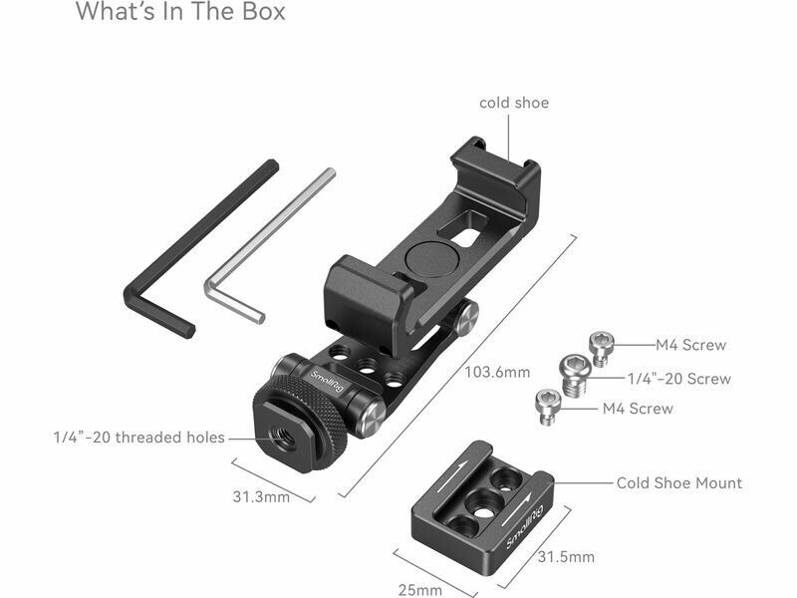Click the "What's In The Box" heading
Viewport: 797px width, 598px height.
[180, 11]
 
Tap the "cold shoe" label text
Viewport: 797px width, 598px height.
[514, 103]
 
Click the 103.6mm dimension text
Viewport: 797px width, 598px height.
[497, 372]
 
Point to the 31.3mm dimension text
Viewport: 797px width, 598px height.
[261, 496]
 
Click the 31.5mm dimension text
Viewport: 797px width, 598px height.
[566, 557]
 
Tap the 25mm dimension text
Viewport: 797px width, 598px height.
[419, 590]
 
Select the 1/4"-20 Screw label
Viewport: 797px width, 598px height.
[679, 379]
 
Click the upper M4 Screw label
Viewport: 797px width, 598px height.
[690, 345]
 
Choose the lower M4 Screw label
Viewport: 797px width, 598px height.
[638, 409]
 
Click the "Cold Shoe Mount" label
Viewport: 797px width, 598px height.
[679, 482]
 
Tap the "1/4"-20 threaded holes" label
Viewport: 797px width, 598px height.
[139, 438]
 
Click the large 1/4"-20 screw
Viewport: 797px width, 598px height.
[576, 376]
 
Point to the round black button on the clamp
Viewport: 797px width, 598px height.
[427, 259]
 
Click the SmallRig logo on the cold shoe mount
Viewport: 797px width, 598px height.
[525, 527]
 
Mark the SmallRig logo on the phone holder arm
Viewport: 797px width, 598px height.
[327, 382]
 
